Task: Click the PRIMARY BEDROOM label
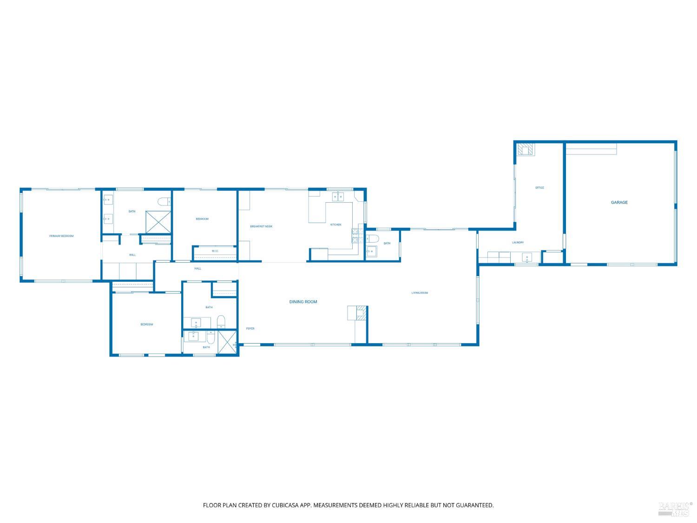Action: tap(61, 236)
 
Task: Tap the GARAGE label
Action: tap(619, 203)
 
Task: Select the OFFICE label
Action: tap(539, 188)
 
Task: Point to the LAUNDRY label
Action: tap(518, 243)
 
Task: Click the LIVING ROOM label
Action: tap(420, 293)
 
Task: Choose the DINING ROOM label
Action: tap(303, 302)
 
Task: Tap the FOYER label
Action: tap(250, 329)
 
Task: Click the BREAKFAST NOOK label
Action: tap(261, 226)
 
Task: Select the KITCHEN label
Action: tap(335, 225)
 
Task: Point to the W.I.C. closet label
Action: tap(215, 252)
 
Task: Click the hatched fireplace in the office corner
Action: tap(526, 149)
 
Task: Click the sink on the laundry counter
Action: tap(527, 257)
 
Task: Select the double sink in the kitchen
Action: tap(338, 197)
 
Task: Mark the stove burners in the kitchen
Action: tap(356, 236)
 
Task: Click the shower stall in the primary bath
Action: tap(158, 222)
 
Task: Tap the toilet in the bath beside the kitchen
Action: tap(373, 239)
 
